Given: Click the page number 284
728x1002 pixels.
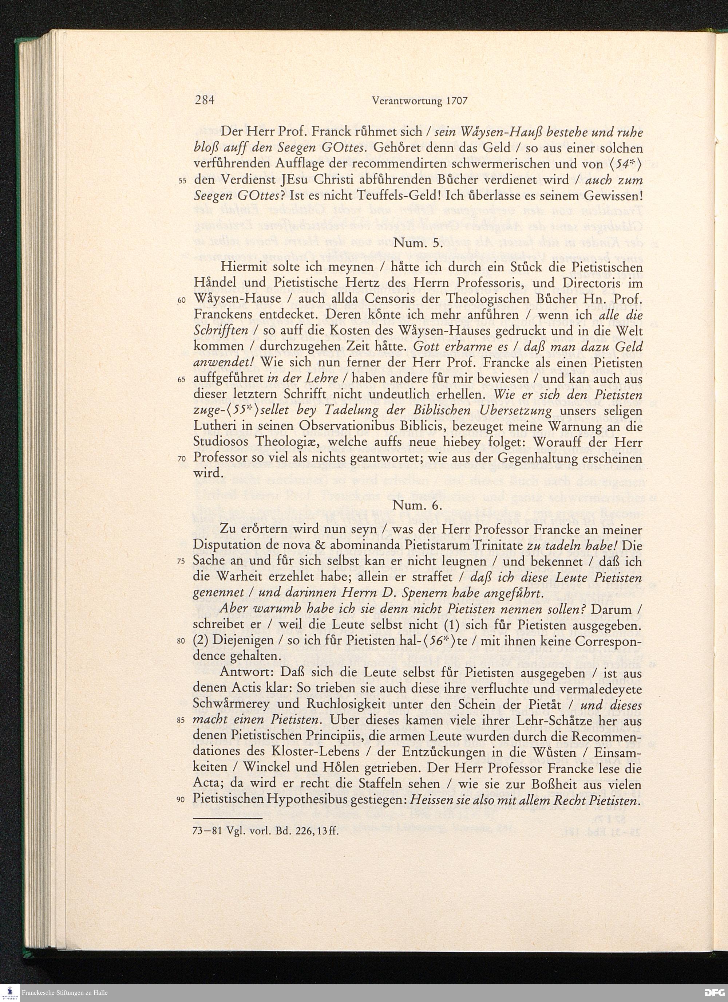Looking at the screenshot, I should click(x=205, y=101).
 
